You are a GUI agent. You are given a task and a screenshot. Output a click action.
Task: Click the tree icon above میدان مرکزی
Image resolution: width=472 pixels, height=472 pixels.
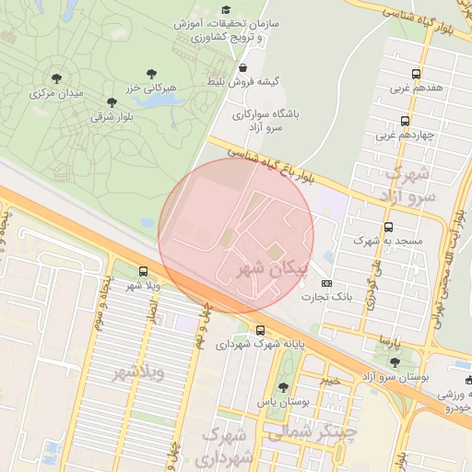(57, 78)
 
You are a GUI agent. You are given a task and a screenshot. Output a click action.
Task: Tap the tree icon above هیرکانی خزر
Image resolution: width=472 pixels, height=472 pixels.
(151, 72)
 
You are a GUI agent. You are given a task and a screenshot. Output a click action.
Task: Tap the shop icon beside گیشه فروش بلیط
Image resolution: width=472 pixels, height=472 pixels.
(242, 67)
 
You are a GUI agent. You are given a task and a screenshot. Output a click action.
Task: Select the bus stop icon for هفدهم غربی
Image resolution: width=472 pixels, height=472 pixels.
(416, 74)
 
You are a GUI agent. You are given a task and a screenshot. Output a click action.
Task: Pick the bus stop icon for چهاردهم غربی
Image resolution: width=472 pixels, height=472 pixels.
(405, 121)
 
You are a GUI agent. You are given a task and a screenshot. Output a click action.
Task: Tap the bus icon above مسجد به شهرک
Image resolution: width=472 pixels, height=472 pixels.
(387, 226)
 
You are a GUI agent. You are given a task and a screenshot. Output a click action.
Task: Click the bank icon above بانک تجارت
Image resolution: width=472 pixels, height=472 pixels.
(326, 282)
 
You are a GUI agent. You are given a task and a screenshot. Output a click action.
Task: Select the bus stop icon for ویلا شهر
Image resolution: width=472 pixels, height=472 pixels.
(143, 271)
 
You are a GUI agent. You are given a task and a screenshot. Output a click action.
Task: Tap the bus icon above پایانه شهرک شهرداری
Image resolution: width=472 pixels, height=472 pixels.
(261, 330)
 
